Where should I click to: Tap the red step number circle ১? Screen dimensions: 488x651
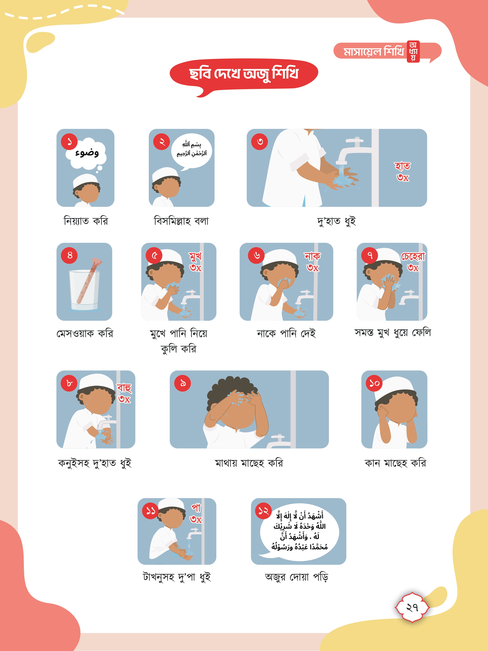click(x=69, y=141)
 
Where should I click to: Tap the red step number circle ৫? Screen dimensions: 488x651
click(x=154, y=255)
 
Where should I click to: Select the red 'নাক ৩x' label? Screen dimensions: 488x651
click(x=312, y=262)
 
